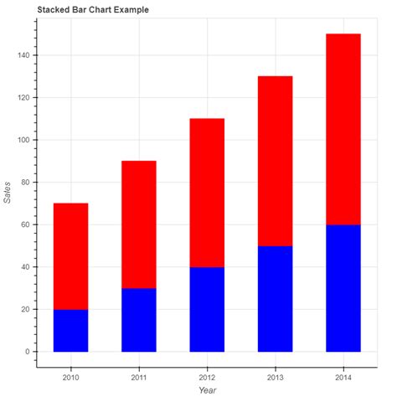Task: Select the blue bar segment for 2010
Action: click(x=70, y=331)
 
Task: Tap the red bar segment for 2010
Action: click(x=70, y=256)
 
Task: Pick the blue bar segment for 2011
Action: click(x=139, y=320)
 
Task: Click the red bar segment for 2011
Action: click(x=139, y=224)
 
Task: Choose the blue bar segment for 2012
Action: click(x=207, y=309)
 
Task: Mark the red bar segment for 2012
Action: click(x=207, y=193)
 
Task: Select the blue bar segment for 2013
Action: click(x=275, y=299)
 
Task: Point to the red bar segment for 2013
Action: click(x=275, y=161)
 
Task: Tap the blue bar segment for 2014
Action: click(x=343, y=288)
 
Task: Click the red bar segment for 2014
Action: click(x=343, y=129)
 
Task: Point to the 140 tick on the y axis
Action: click(x=23, y=55)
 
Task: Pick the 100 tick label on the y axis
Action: click(x=23, y=140)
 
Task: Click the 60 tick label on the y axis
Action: click(x=25, y=224)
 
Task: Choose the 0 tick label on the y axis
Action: click(x=28, y=352)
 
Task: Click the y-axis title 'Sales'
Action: click(x=8, y=193)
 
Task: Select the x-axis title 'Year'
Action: click(x=207, y=389)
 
